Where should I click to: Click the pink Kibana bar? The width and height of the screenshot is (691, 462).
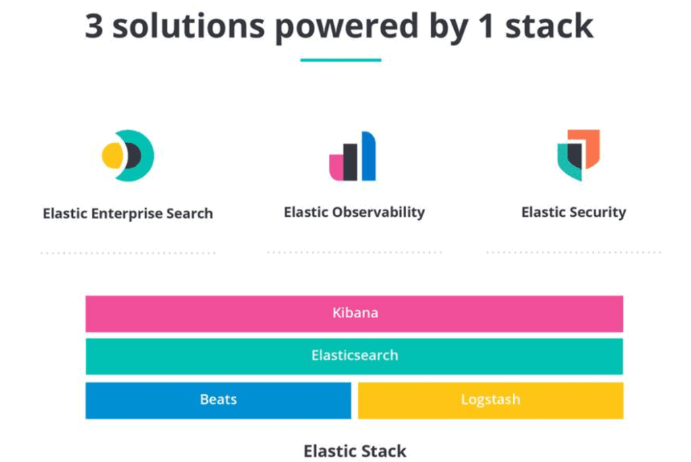(x=354, y=313)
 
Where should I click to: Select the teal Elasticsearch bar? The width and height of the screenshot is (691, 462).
(x=354, y=356)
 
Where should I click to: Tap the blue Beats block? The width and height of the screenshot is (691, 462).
(x=218, y=400)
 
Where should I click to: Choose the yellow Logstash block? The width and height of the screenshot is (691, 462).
(x=490, y=400)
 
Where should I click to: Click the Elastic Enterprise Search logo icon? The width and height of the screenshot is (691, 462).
(x=128, y=155)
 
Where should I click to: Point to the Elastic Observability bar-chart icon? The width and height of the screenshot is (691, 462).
(x=352, y=157)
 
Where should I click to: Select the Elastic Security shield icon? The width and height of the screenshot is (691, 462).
(x=578, y=155)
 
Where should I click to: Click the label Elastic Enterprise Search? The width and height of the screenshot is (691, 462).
(x=128, y=214)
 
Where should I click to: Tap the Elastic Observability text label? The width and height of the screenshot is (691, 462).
(x=354, y=212)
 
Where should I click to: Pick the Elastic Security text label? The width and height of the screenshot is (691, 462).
(x=574, y=212)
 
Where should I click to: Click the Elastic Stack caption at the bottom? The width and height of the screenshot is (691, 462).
(x=355, y=451)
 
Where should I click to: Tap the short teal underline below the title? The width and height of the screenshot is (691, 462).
(x=341, y=60)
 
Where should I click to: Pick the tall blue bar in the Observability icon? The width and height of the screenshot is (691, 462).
(x=368, y=157)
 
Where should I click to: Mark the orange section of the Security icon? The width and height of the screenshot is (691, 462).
(x=591, y=147)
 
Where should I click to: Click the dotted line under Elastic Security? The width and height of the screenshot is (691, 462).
(x=574, y=253)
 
